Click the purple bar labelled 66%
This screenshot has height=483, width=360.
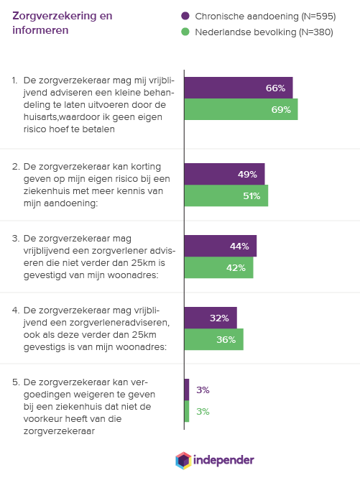pyautogui.click(x=239, y=88)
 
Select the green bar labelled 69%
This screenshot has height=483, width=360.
pyautogui.click(x=241, y=109)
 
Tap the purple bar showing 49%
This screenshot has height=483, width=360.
pyautogui.click(x=224, y=174)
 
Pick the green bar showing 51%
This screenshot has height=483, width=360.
pyautogui.click(x=226, y=195)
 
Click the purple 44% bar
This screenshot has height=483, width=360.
pyautogui.click(x=221, y=246)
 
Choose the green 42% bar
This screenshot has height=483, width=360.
pyautogui.click(x=219, y=267)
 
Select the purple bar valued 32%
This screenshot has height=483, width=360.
pyautogui.click(x=211, y=318)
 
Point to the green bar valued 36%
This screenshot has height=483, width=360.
pyautogui.click(x=214, y=339)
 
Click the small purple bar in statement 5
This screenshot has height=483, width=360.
pyautogui.click(x=187, y=390)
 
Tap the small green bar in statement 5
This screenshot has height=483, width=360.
pyautogui.click(x=187, y=411)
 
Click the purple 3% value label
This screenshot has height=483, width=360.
pyautogui.click(x=203, y=390)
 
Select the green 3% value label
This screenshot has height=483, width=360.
pyautogui.click(x=203, y=412)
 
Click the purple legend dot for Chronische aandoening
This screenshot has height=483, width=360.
pyautogui.click(x=185, y=16)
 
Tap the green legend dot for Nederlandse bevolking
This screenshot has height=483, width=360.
pyautogui.click(x=185, y=32)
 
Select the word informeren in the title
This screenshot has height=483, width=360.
pyautogui.click(x=40, y=30)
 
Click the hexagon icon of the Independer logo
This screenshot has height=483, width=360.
pyautogui.click(x=183, y=461)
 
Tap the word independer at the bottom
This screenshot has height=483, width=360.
pyautogui.click(x=223, y=460)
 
